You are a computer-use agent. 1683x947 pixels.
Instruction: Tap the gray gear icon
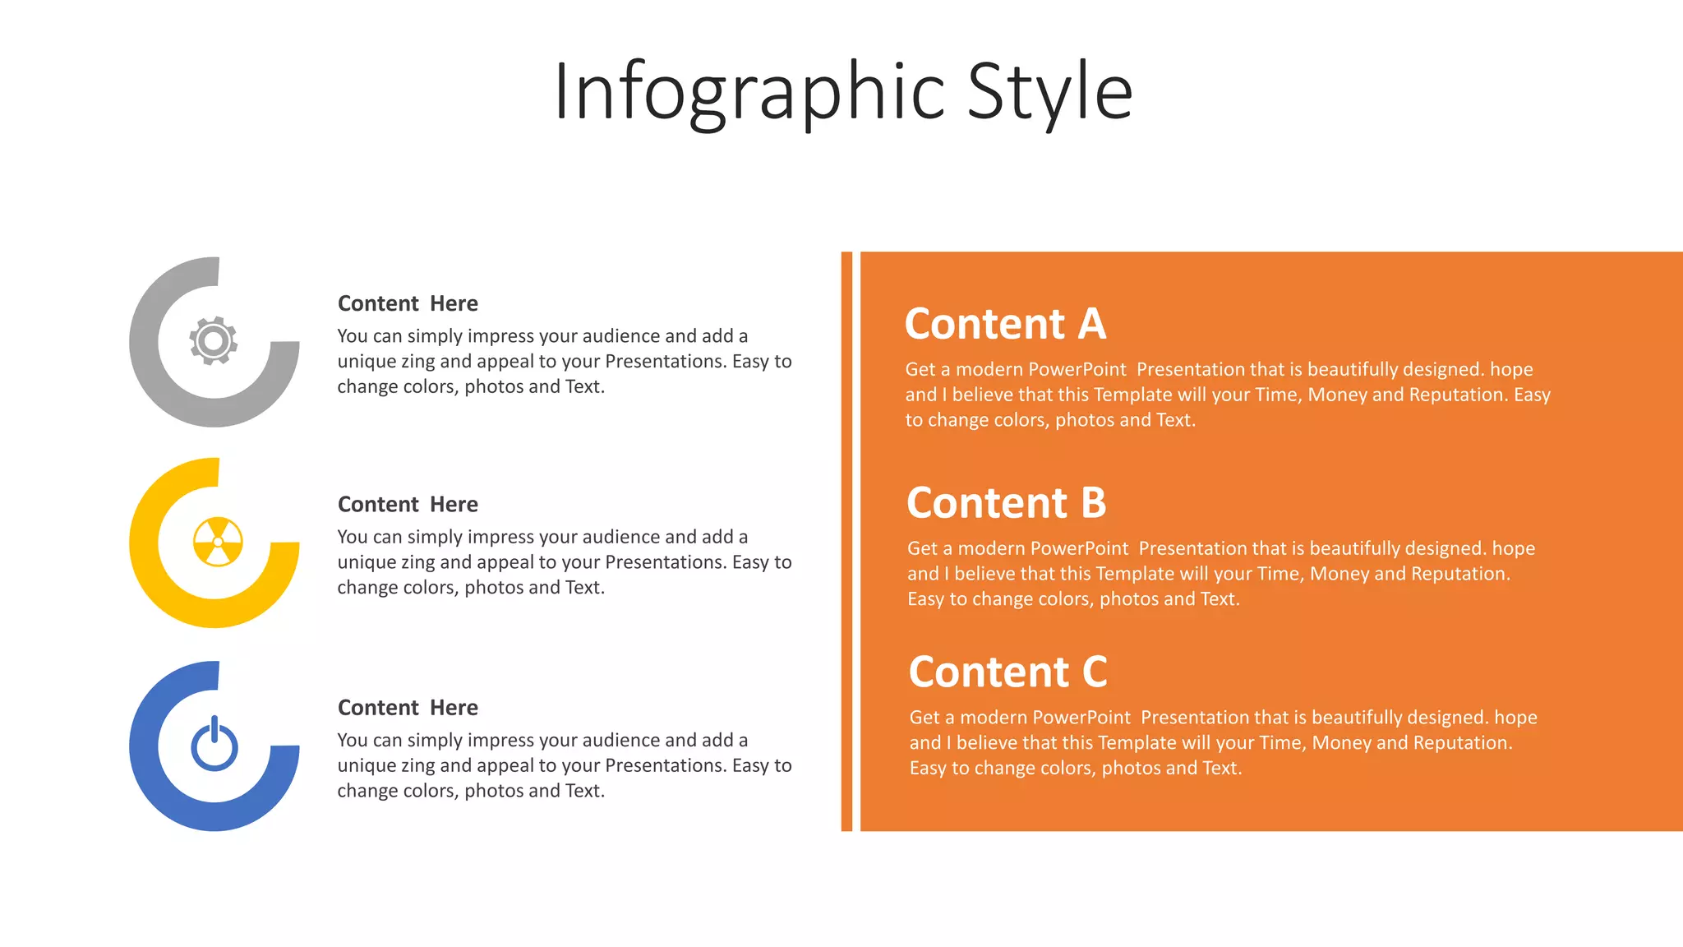point(214,340)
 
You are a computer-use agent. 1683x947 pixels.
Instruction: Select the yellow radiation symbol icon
point(218,542)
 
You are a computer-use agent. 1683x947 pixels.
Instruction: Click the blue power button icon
point(214,744)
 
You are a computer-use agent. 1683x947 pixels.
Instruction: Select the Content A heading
point(1005,324)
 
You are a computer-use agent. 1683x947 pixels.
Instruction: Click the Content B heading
point(1006,503)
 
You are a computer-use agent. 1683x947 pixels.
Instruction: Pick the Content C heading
point(1007,672)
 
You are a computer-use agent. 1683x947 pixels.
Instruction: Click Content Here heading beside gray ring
point(408,303)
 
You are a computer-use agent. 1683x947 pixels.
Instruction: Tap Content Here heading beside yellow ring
point(408,504)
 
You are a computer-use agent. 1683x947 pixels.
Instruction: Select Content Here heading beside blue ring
point(408,708)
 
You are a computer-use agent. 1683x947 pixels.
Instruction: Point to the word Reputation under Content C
point(1461,743)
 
